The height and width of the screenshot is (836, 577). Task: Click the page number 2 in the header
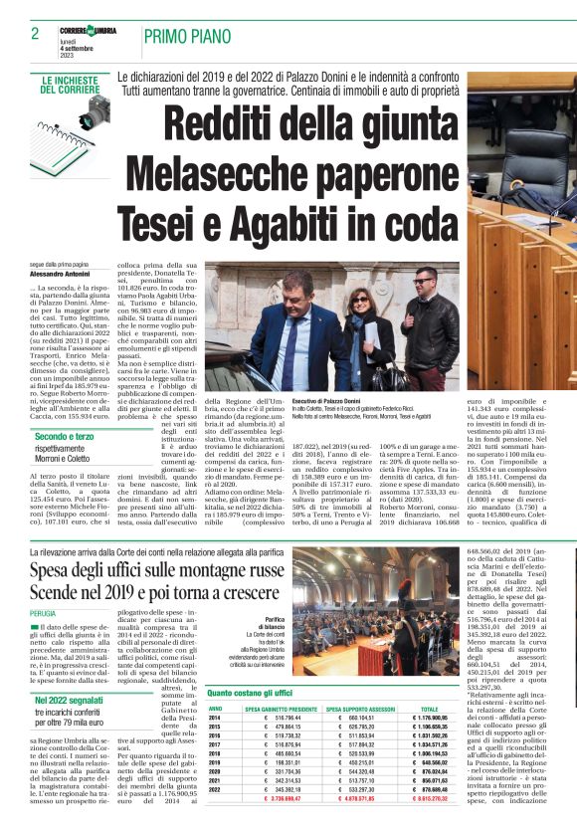coord(35,34)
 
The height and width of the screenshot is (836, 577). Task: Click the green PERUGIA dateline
coord(44,614)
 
